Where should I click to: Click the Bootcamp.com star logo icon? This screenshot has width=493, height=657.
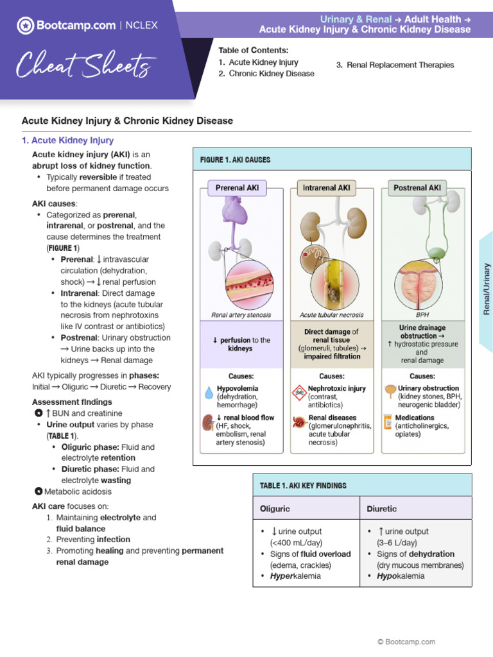click(x=25, y=26)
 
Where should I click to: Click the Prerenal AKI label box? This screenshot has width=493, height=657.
click(x=237, y=188)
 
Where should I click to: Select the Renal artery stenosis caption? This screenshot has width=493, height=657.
click(x=241, y=315)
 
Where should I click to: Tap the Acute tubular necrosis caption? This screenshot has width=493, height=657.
click(x=331, y=315)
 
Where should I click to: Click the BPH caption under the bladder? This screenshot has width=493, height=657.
click(x=422, y=315)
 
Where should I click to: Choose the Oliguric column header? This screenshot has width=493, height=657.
click(x=275, y=509)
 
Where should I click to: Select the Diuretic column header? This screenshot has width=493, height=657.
click(x=381, y=509)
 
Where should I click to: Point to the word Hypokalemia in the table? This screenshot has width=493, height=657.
click(x=401, y=576)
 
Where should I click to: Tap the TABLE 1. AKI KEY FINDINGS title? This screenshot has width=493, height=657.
click(x=303, y=486)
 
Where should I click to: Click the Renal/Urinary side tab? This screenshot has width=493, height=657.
click(x=486, y=289)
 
